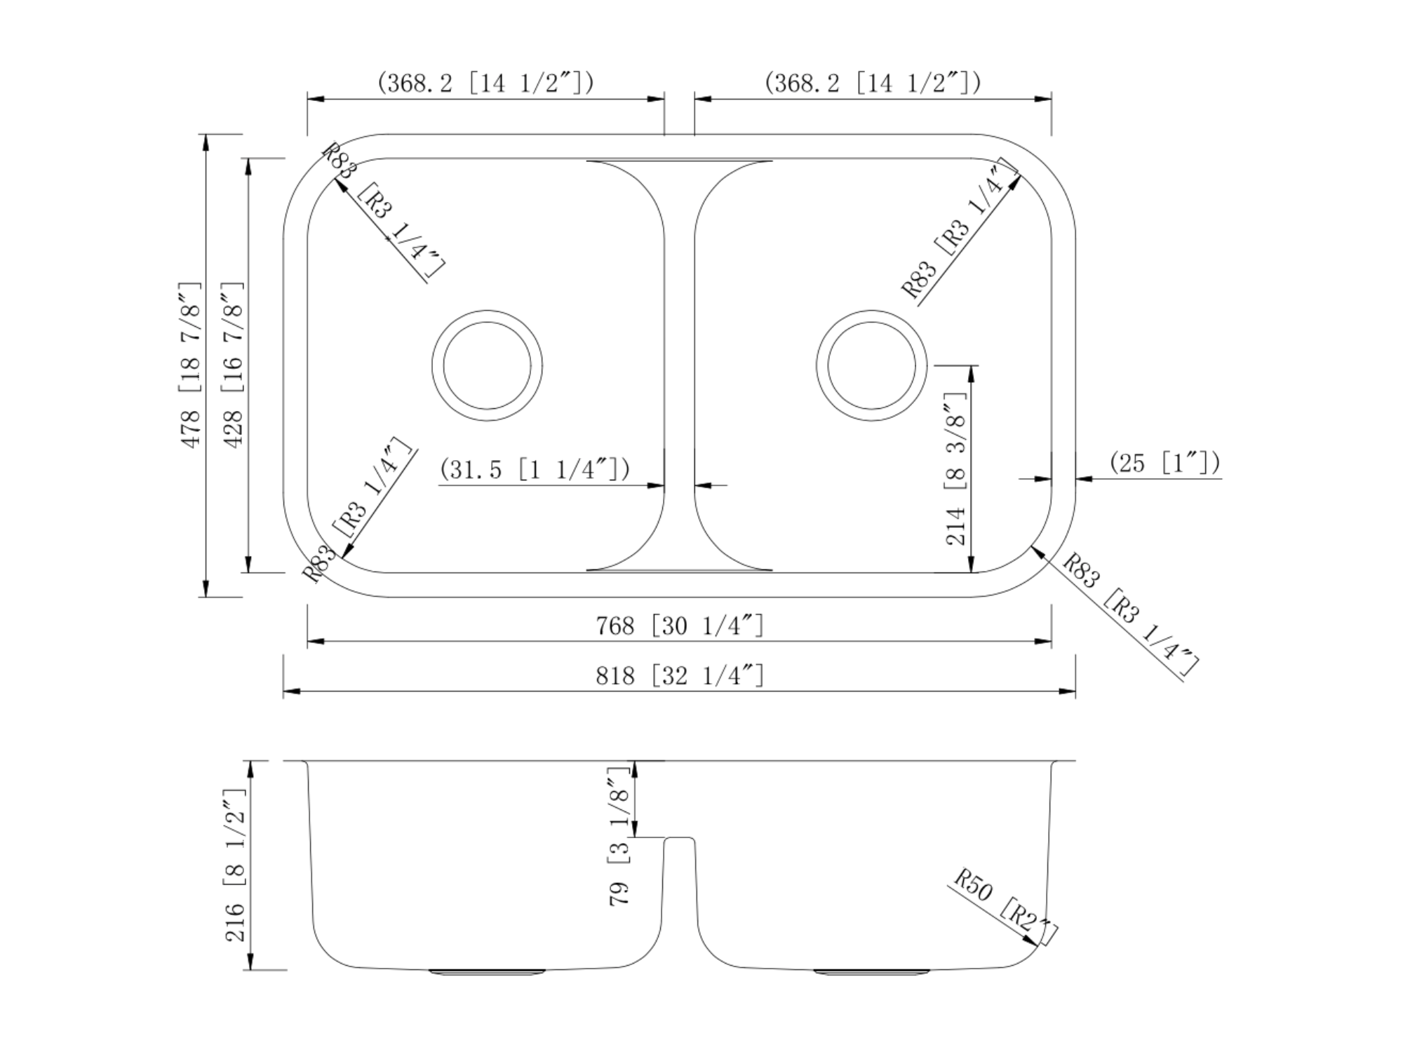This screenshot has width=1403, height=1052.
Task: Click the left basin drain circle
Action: (x=487, y=311)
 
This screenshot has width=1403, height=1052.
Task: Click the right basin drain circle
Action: (x=871, y=311)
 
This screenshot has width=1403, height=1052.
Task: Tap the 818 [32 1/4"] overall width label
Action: (x=680, y=676)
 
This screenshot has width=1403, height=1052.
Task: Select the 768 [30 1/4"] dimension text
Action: (x=680, y=625)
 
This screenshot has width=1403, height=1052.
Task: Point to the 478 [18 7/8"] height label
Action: (x=191, y=365)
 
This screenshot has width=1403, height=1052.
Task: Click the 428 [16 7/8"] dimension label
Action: (x=233, y=365)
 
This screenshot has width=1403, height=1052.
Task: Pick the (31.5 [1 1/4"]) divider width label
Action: (x=535, y=468)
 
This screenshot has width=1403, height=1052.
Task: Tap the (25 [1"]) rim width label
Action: (x=1164, y=463)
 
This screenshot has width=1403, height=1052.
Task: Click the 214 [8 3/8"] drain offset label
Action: (x=956, y=468)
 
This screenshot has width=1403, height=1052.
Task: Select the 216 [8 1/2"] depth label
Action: (x=235, y=865)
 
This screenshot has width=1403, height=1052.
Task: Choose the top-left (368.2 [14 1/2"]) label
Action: (x=485, y=83)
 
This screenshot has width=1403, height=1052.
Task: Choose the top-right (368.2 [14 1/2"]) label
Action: (x=873, y=83)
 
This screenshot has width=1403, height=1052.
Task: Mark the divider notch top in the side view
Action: (x=680, y=837)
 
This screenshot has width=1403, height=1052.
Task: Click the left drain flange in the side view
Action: (x=487, y=972)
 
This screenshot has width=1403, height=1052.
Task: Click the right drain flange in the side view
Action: (x=871, y=972)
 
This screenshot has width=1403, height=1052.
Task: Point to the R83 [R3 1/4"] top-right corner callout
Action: (x=960, y=229)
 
